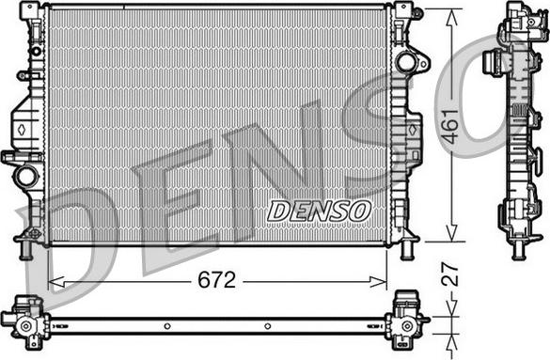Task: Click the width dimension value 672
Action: (215, 280)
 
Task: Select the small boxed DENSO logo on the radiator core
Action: (319, 211)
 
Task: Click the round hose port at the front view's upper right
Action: (406, 63)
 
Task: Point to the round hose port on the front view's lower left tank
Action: (27, 175)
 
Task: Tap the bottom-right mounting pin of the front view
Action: (407, 251)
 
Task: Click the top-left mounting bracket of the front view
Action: (32, 11)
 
